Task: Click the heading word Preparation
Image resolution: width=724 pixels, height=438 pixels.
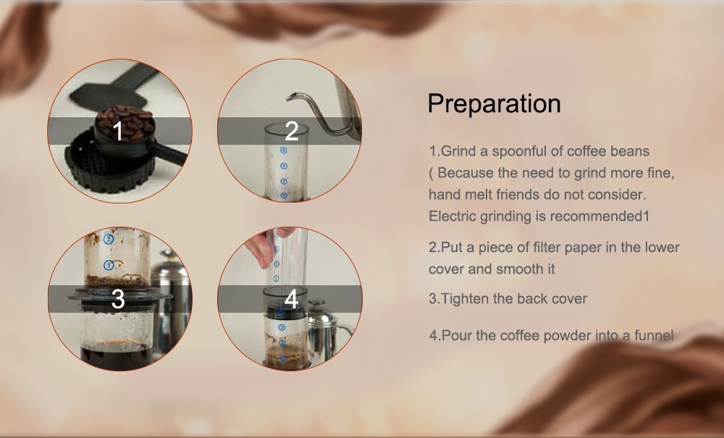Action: point(494,104)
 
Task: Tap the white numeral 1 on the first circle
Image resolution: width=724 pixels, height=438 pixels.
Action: point(118,131)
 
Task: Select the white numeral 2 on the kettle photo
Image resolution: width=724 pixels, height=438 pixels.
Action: point(291,131)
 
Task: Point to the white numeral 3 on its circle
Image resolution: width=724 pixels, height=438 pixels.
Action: point(118,299)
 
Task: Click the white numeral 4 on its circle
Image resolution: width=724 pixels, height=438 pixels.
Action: point(291,299)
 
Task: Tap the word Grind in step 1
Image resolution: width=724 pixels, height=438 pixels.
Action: point(457,151)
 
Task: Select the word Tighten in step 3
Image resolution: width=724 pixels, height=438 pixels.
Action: point(465,298)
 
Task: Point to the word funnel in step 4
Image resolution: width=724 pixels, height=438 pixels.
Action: point(654,335)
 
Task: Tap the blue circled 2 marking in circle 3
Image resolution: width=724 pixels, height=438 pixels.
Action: point(109,239)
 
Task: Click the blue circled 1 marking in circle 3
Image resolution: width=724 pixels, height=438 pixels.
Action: point(109,266)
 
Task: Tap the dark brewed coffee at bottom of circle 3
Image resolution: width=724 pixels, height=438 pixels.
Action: point(117,356)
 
